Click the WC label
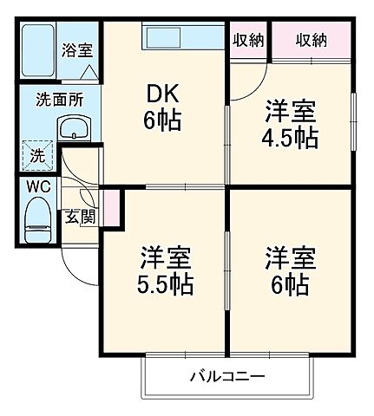tap(37, 186)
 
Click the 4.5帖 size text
tap(291, 137)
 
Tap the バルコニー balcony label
tap(226, 377)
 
